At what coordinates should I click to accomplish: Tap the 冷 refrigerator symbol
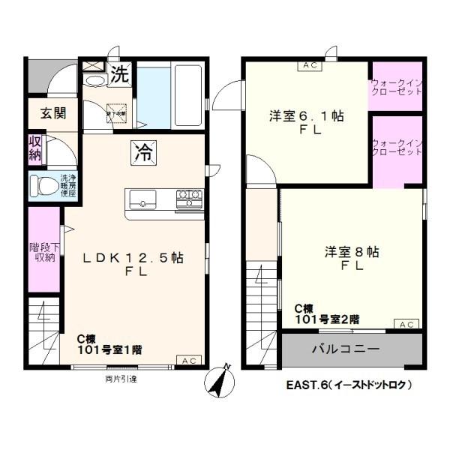[142, 151]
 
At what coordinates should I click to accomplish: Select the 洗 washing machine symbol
[120, 73]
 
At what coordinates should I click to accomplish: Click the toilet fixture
[41, 186]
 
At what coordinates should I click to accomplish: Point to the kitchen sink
[142, 199]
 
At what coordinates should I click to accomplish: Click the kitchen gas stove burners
[188, 199]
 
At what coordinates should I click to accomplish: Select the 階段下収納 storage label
[43, 252]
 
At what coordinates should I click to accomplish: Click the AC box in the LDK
[189, 361]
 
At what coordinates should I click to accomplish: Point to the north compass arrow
[219, 380]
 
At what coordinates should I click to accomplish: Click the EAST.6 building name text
[349, 385]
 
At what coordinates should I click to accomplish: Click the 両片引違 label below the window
[121, 379]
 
